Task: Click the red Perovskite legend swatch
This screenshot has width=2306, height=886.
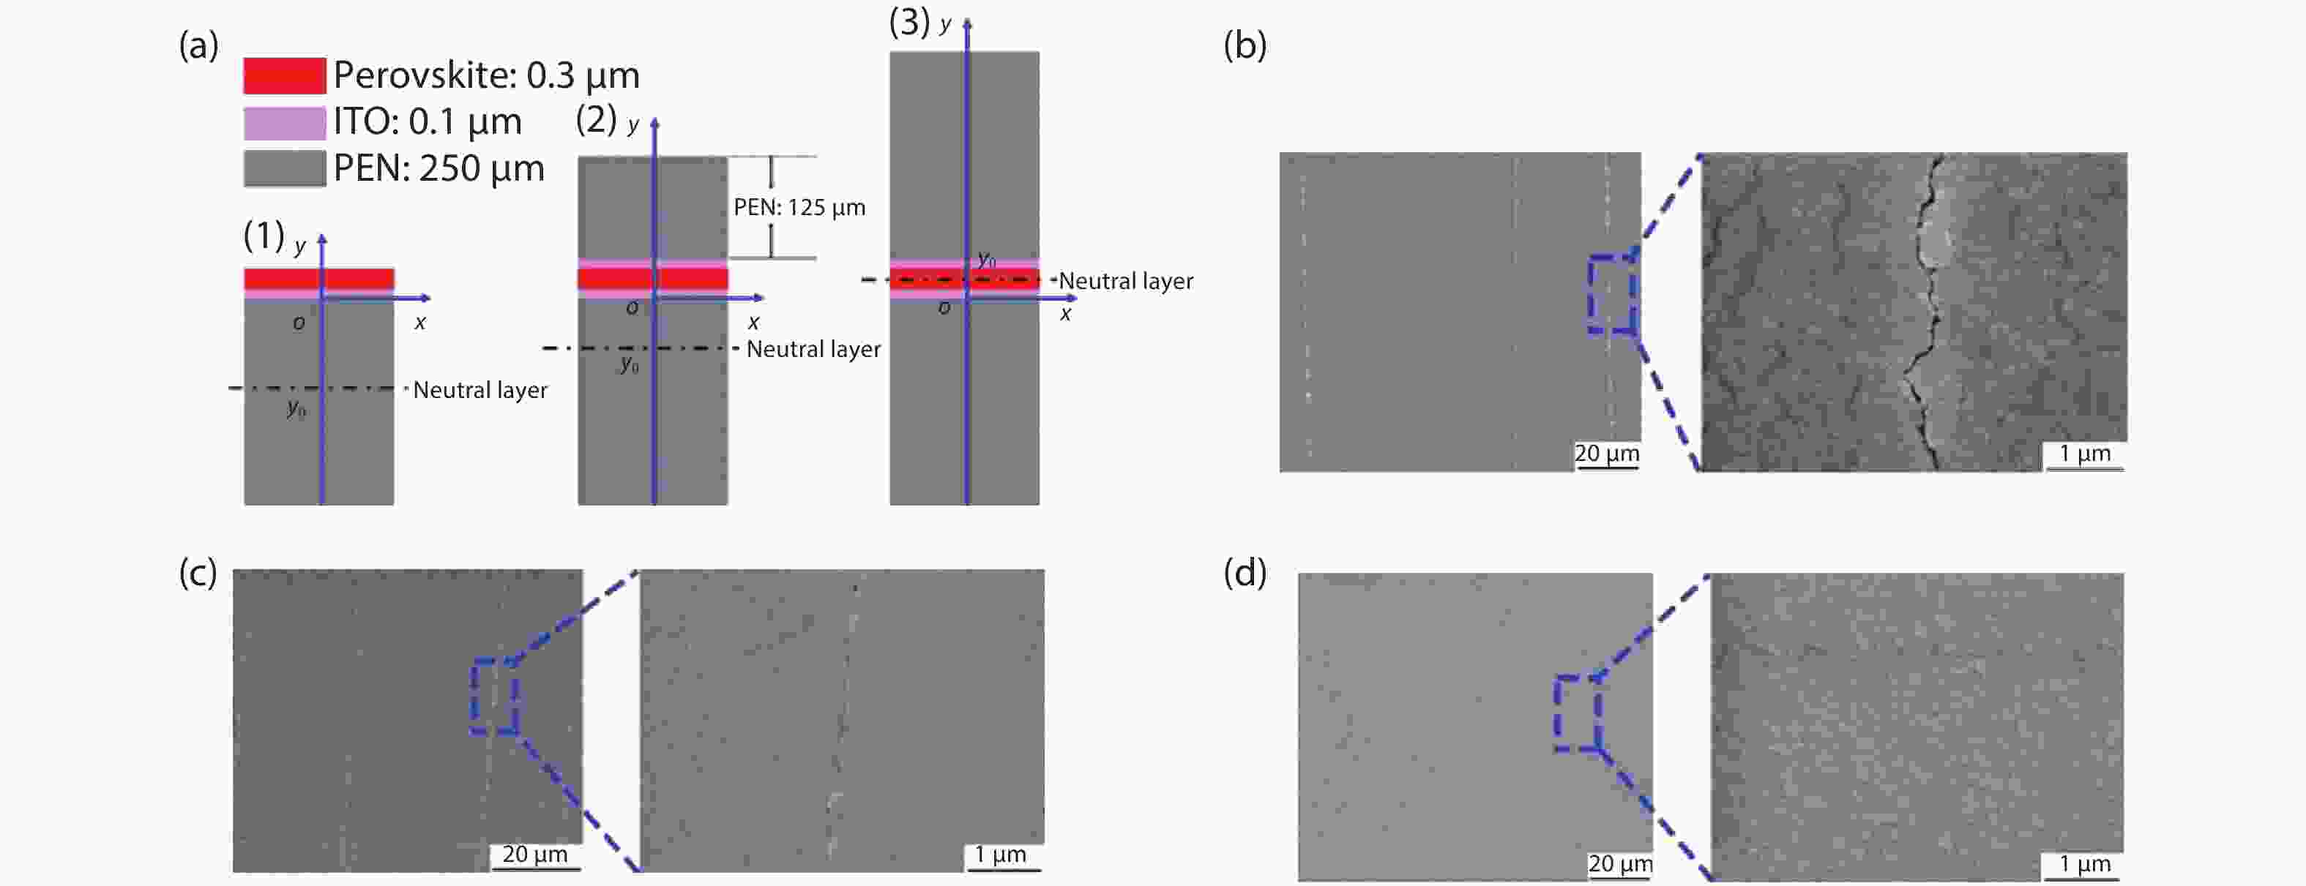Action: point(285,76)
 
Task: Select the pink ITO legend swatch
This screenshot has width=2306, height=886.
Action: point(285,123)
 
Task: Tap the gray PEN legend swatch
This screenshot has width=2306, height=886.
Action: point(285,168)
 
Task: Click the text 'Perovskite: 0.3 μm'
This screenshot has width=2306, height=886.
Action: point(486,76)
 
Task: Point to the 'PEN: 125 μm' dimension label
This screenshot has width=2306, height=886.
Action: point(799,208)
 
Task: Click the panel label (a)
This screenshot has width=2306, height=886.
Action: point(198,45)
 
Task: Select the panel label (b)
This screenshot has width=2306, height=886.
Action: point(1245,45)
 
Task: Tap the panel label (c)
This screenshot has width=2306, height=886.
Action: point(198,573)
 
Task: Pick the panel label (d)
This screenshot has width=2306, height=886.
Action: point(1245,573)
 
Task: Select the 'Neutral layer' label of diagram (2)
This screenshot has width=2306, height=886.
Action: point(814,349)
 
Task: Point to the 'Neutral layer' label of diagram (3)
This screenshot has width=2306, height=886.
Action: point(1126,281)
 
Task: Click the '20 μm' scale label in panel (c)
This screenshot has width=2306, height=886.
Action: point(534,854)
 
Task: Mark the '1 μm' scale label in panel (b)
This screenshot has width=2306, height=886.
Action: point(2085,454)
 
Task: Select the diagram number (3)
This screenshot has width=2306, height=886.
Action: point(909,23)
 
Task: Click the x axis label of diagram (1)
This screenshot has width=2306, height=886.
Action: point(420,323)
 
